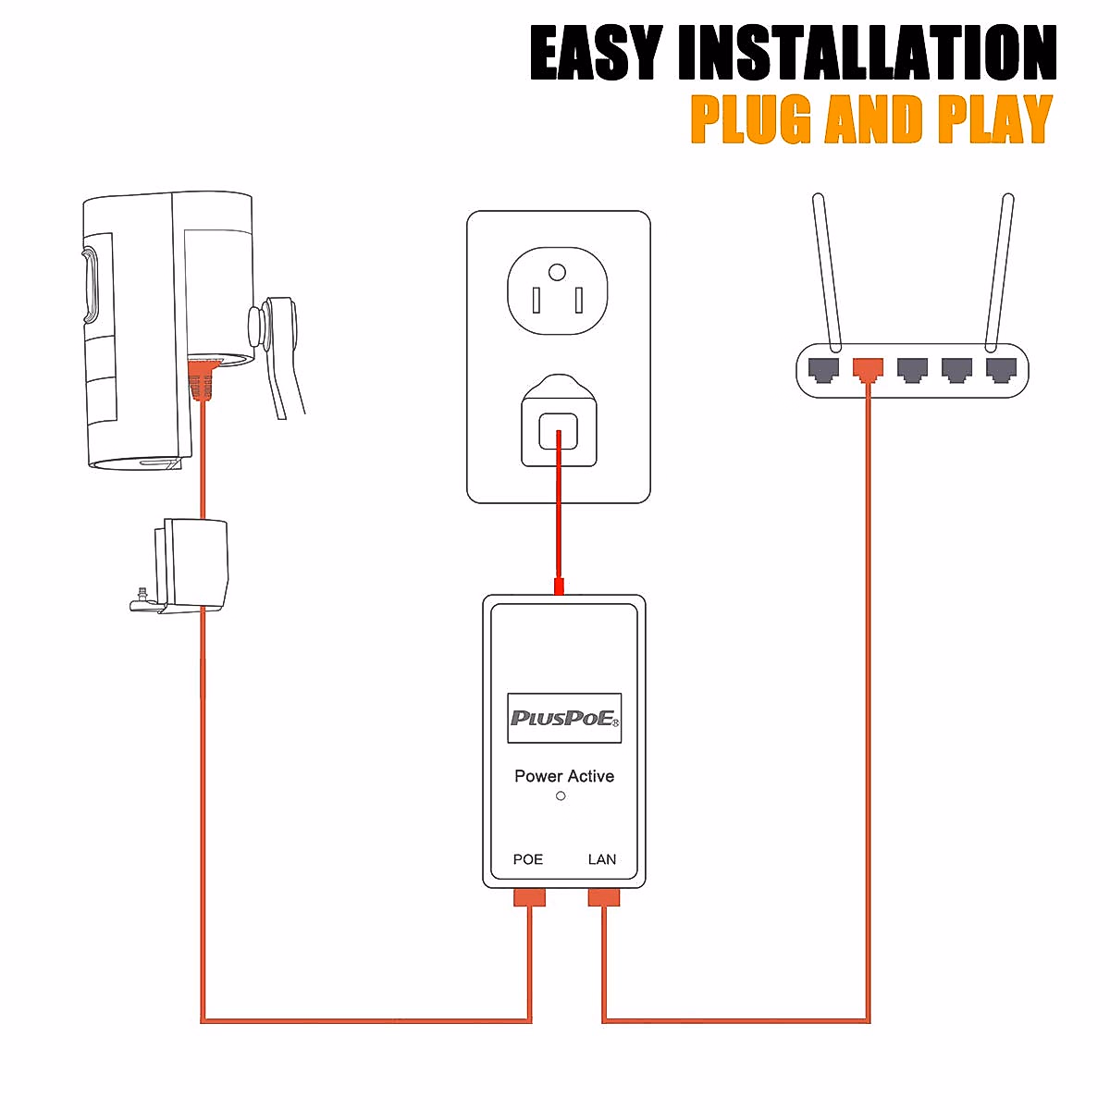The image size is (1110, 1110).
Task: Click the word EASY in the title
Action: [597, 54]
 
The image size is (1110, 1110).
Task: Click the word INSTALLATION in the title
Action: [867, 54]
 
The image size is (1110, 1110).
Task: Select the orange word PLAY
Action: [994, 120]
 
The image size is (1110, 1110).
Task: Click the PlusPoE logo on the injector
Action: [564, 719]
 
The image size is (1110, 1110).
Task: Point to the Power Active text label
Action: [564, 776]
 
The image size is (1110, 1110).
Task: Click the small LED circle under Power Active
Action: [561, 796]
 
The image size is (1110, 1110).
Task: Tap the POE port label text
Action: [528, 859]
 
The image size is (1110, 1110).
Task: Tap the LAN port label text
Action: [602, 859]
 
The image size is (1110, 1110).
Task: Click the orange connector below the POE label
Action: [530, 897]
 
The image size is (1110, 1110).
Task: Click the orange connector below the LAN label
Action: [604, 897]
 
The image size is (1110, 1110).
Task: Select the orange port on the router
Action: [868, 370]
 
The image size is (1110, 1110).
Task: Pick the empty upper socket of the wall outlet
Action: [557, 291]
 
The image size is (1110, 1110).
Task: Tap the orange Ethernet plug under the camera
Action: [201, 380]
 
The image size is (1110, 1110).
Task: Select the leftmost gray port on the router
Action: [823, 370]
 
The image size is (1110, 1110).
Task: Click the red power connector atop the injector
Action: [559, 586]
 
